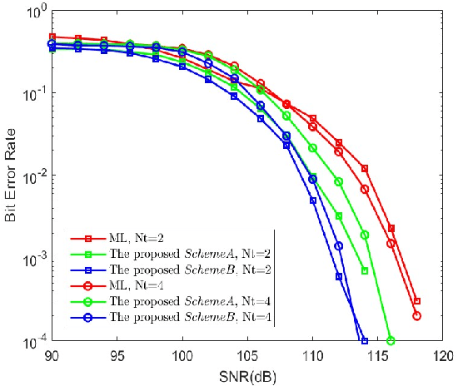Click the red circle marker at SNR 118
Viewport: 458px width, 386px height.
(x=417, y=316)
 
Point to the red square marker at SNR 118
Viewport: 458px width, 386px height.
(x=417, y=301)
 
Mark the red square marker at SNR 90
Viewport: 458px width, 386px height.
(x=51, y=37)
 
